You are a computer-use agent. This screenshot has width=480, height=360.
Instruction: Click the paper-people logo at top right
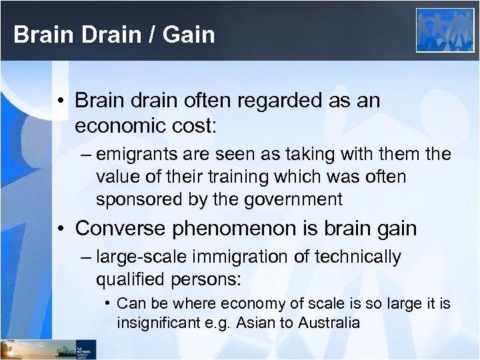445,30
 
